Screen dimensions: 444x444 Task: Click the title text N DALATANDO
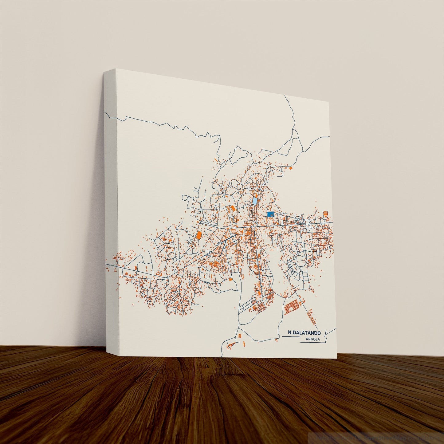(x=304, y=333)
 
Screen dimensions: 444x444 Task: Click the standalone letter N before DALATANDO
(x=290, y=333)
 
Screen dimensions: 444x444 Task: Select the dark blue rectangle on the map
(x=270, y=214)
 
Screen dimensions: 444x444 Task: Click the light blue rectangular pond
(x=255, y=201)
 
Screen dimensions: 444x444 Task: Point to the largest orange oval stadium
(x=199, y=236)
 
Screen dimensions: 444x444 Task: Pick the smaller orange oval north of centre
(x=255, y=194)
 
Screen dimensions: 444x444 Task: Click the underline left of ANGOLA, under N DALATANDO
(x=290, y=337)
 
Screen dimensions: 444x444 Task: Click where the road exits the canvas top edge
(x=285, y=96)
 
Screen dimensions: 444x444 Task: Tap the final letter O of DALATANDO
(x=319, y=333)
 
